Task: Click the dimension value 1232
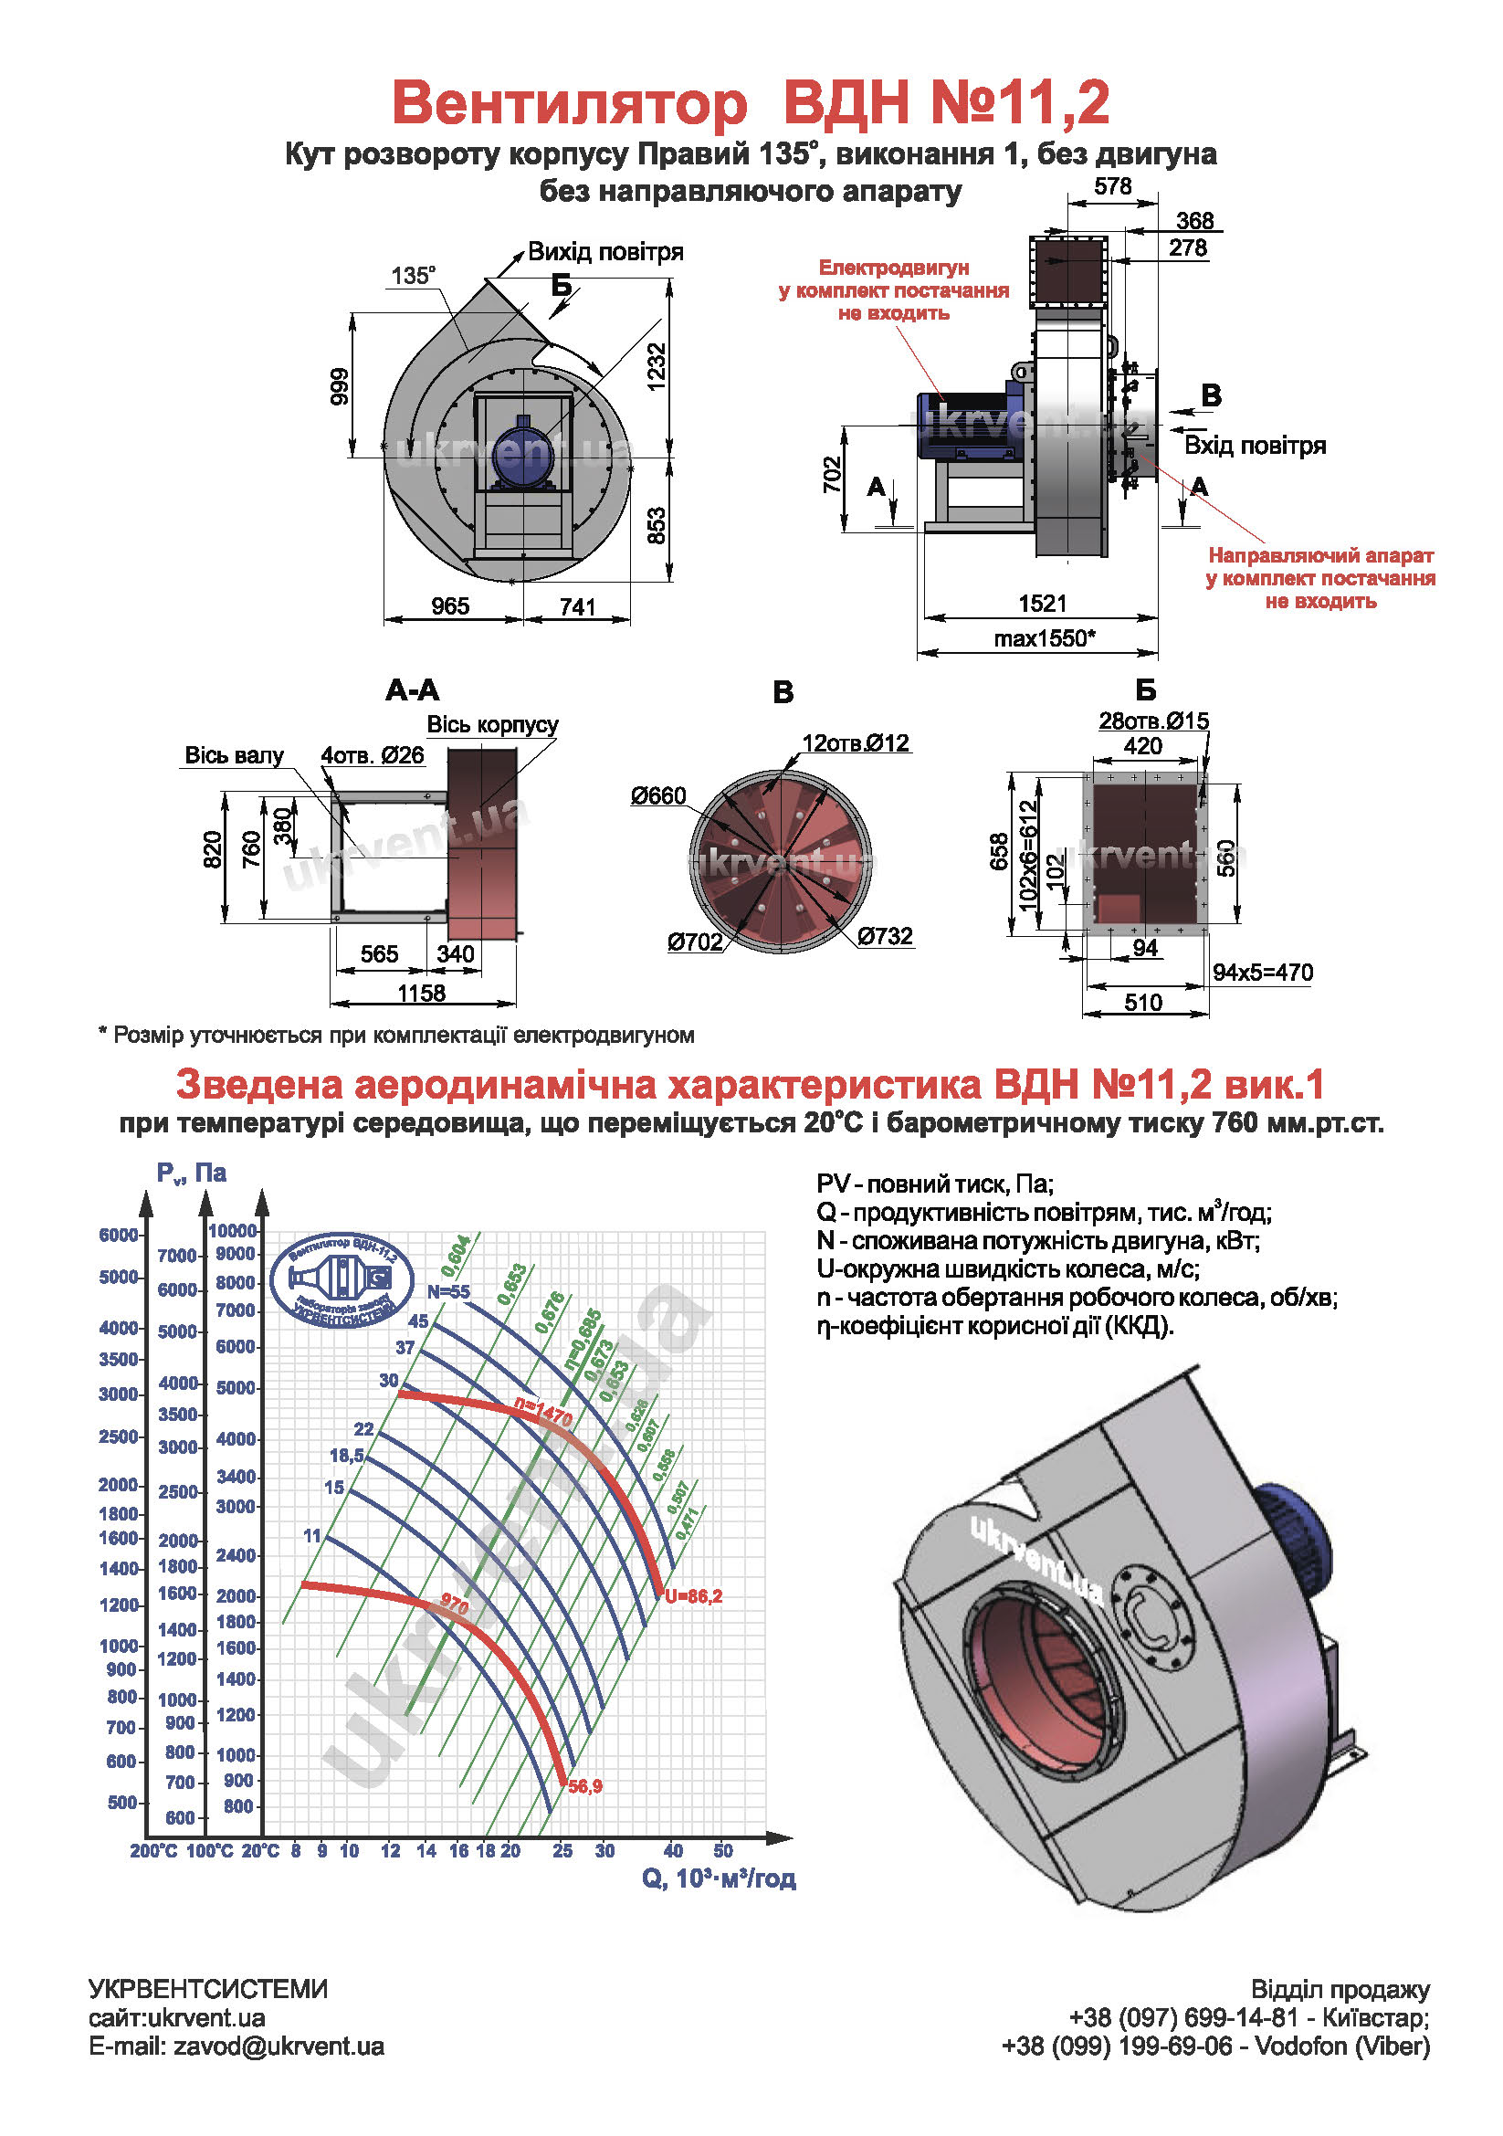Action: [657, 367]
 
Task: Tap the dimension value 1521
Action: [1042, 604]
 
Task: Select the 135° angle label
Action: [413, 276]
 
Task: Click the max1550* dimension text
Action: [1044, 638]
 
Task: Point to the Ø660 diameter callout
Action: [658, 795]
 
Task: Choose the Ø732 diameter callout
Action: [885, 936]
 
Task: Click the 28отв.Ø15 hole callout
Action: [1153, 721]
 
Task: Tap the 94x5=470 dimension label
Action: [1262, 973]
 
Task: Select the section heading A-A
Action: [412, 690]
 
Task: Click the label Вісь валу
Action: [234, 755]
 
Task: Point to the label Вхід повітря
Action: [1254, 446]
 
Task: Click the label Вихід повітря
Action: [605, 252]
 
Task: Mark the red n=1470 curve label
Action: [544, 1414]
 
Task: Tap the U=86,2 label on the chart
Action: [693, 1596]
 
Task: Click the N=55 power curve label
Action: [448, 1292]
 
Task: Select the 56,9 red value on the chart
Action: [585, 1786]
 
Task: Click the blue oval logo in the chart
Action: [342, 1280]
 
